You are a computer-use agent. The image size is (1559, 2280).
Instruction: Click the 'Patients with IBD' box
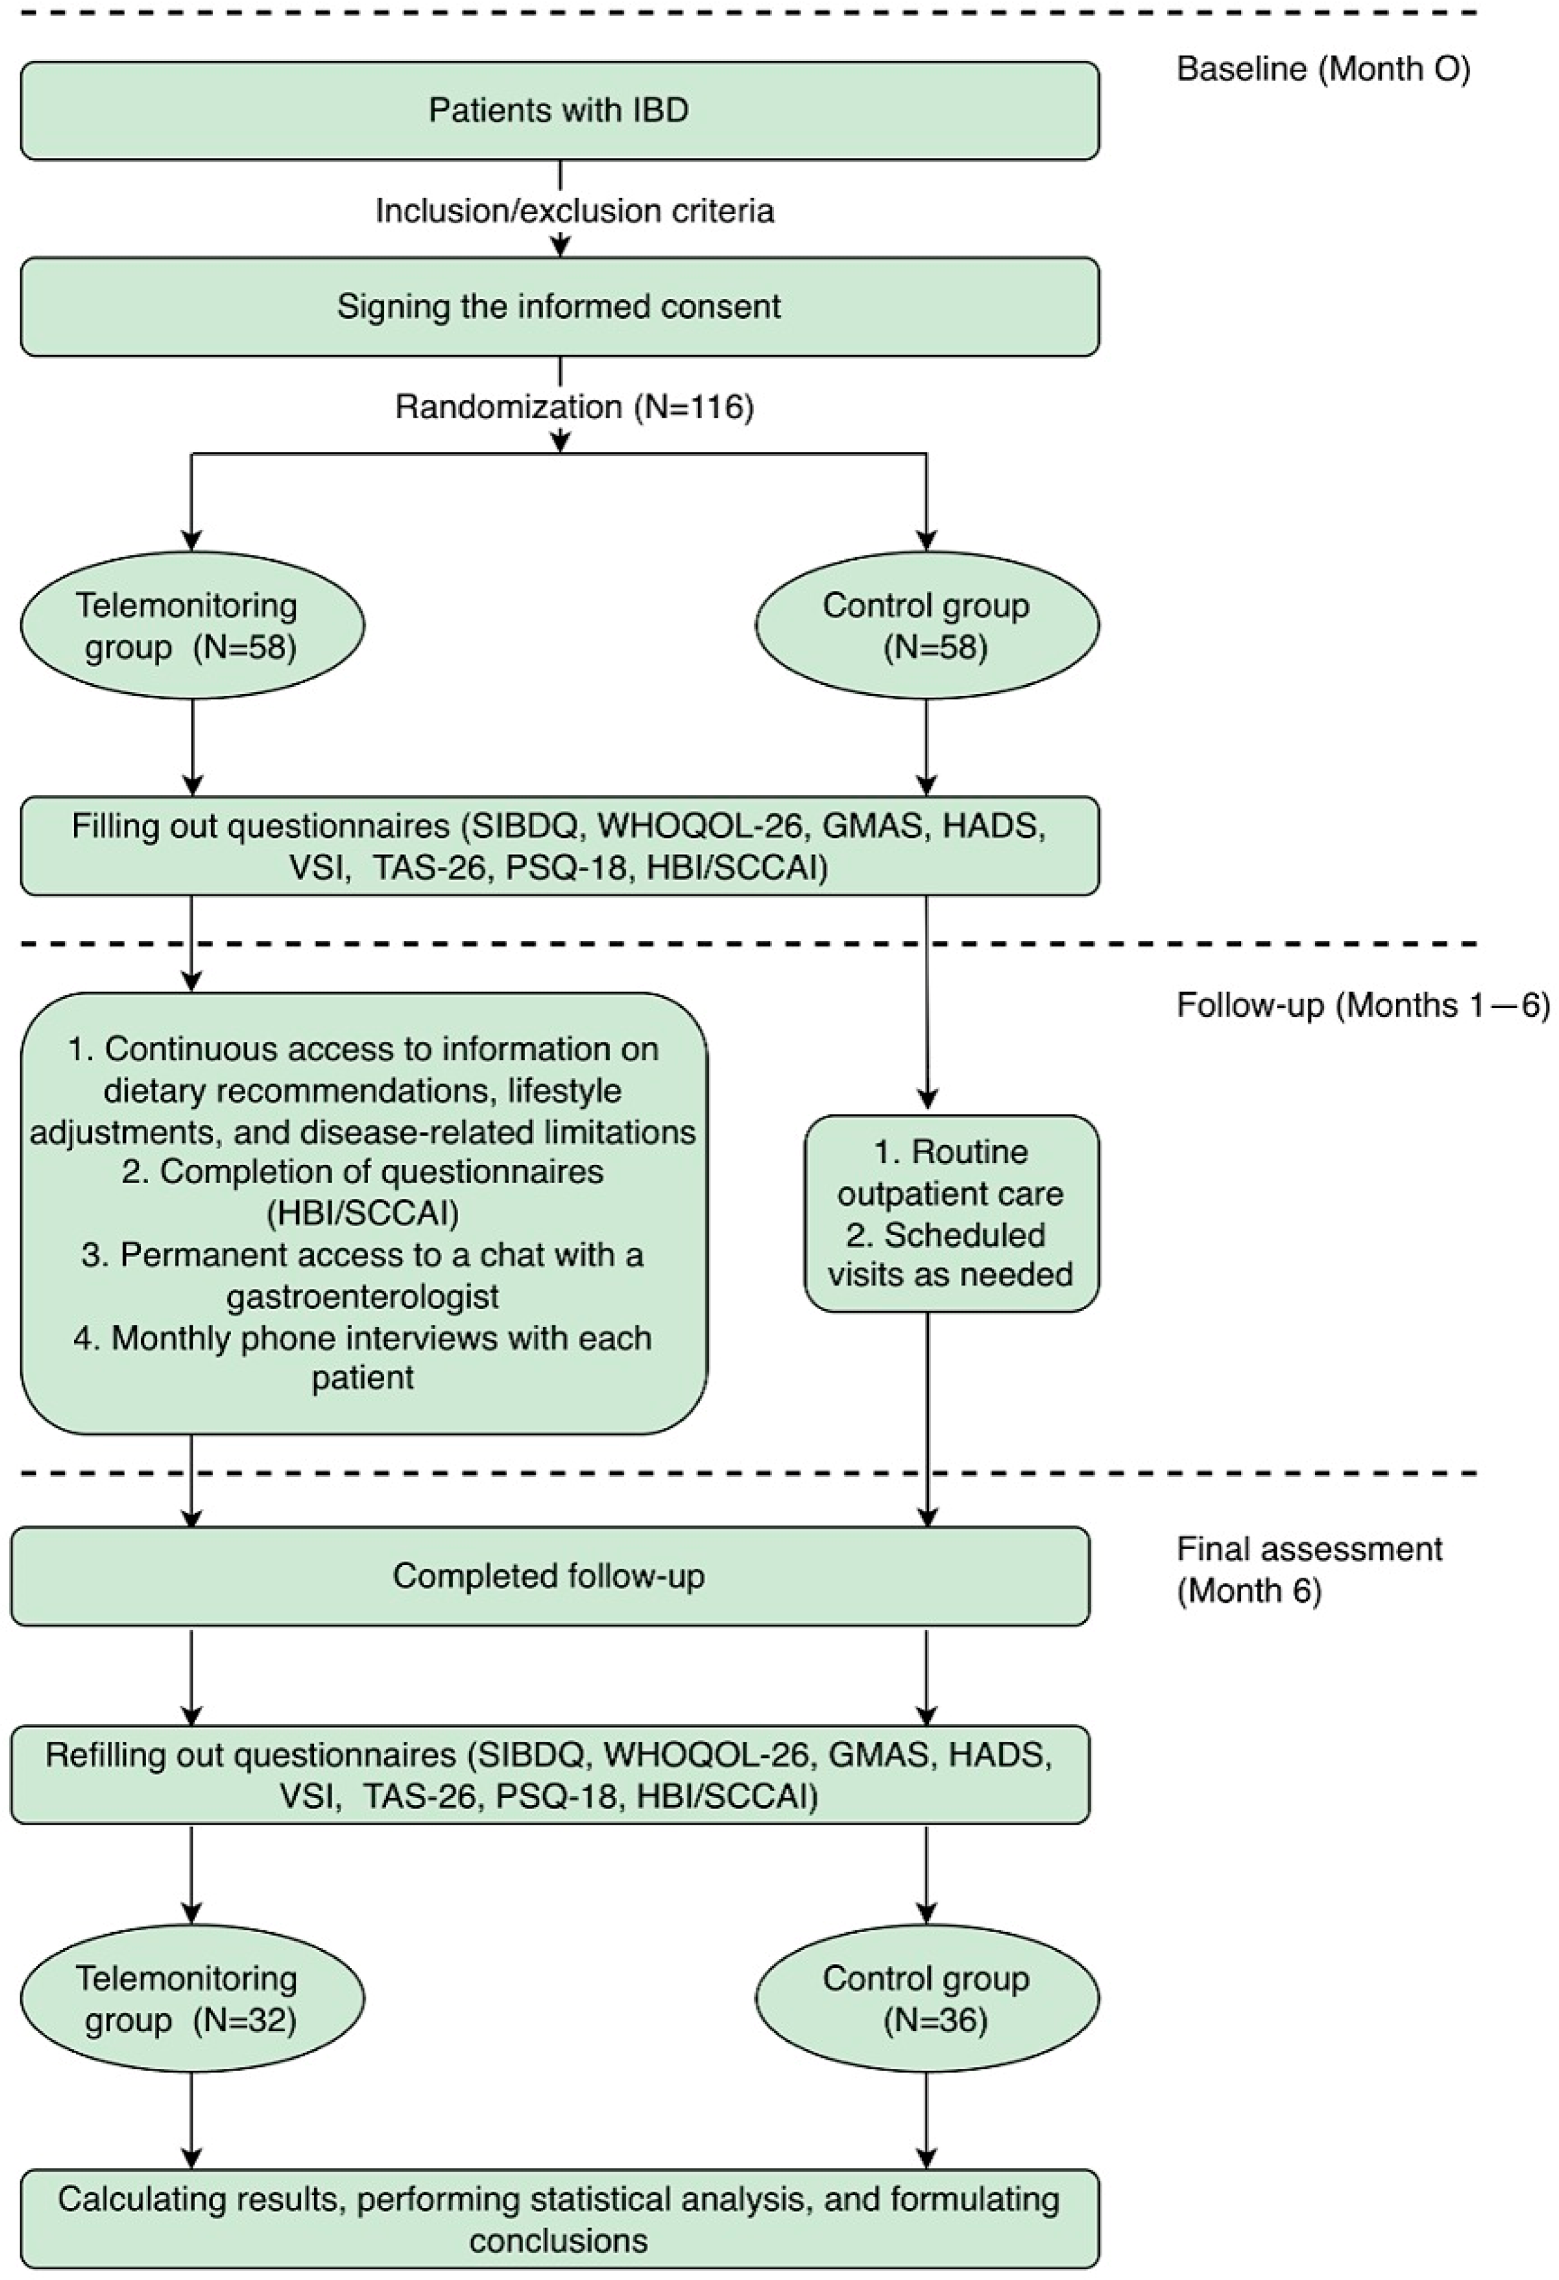[x=559, y=110]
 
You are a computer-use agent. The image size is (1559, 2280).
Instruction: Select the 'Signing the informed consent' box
[x=559, y=306]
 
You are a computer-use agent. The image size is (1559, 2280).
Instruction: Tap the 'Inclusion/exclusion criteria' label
[x=575, y=211]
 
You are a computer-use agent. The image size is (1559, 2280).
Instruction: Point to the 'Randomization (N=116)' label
[x=575, y=406]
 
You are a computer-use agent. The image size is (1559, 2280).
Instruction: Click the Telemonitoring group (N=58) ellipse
[x=192, y=625]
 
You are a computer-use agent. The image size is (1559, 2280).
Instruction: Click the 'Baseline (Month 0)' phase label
[x=1323, y=70]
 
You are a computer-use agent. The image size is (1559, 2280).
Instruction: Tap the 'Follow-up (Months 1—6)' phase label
[x=1363, y=1005]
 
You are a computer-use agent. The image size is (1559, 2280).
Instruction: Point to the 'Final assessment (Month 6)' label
[x=1310, y=1570]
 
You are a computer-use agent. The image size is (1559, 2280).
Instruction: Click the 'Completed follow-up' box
[x=549, y=1576]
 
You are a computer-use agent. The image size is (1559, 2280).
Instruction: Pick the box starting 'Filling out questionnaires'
[x=559, y=846]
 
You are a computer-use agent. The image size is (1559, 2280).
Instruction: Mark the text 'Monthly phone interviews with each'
[x=363, y=1338]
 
